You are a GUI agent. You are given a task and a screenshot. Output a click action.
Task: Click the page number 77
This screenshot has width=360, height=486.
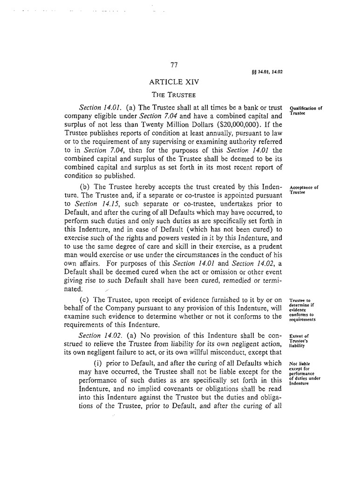[174, 65]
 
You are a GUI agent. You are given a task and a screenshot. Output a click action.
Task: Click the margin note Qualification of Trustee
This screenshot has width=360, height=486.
[306, 110]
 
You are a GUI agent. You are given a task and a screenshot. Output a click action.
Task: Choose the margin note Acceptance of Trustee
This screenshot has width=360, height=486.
[304, 190]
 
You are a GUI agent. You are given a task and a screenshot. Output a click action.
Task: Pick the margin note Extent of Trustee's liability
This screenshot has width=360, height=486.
[299, 341]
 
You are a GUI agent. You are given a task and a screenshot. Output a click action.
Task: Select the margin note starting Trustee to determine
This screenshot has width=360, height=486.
[303, 310]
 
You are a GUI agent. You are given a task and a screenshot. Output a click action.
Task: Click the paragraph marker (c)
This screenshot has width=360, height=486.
[85, 300]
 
